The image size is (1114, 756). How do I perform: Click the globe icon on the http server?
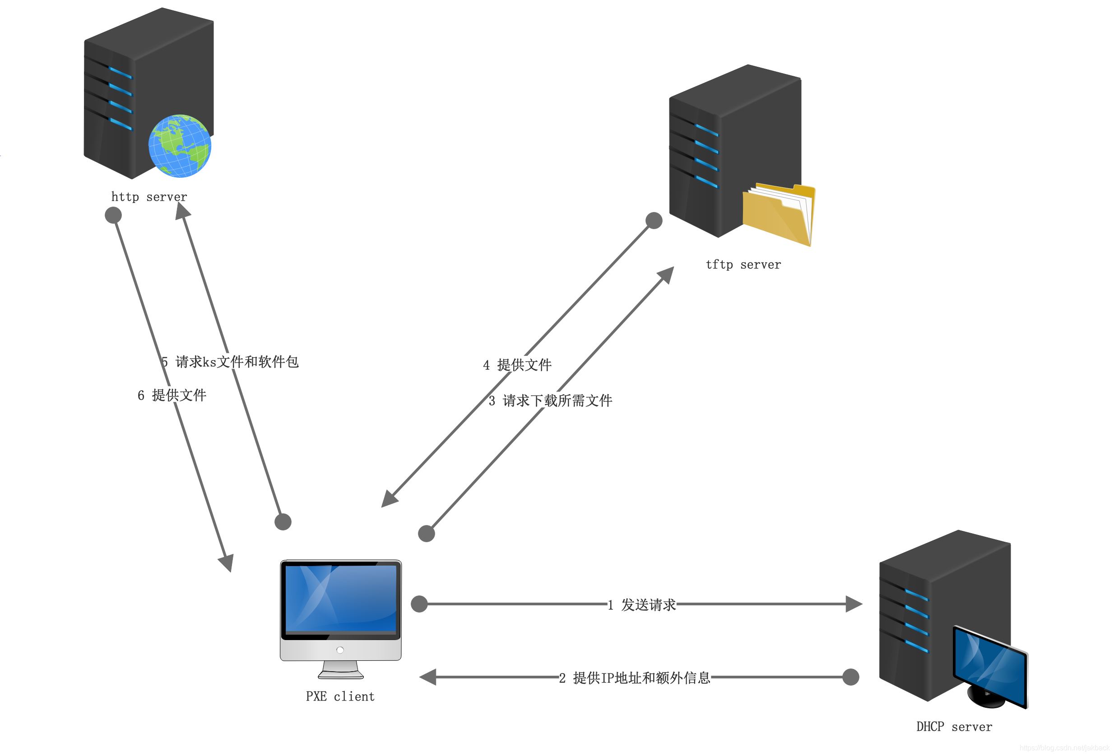tap(179, 146)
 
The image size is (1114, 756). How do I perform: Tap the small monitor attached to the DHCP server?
tap(989, 665)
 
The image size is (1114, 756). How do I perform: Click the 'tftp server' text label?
tap(743, 264)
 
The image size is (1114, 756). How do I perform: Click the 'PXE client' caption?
tap(340, 696)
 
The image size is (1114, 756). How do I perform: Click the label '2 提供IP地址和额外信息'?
tap(635, 678)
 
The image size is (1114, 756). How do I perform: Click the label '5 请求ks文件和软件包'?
tap(230, 362)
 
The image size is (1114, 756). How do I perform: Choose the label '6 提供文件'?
tap(172, 395)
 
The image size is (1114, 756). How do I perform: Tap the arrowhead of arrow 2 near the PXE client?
tap(427, 677)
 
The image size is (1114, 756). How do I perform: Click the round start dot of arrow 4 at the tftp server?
tap(654, 221)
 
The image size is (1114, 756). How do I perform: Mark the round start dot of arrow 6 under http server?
tap(113, 215)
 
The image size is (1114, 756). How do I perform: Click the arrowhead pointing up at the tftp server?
tap(666, 275)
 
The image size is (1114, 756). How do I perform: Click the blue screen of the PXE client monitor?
tap(340, 599)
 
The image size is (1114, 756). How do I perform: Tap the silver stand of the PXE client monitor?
tap(340, 669)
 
